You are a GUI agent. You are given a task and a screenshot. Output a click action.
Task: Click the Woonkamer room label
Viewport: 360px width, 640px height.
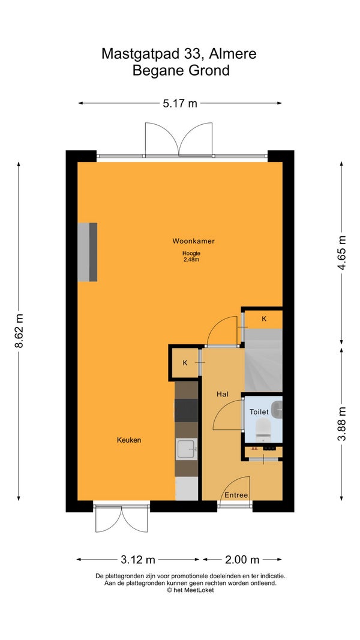point(193,241)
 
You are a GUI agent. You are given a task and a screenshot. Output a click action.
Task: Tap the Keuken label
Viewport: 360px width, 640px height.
point(129,440)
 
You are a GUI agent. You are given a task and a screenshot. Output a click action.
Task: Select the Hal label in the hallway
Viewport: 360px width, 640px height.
point(222,394)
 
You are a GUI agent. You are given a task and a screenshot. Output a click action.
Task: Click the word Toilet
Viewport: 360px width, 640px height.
point(259,412)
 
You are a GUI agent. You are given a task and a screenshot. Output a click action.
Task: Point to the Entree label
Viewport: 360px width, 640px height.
point(236,495)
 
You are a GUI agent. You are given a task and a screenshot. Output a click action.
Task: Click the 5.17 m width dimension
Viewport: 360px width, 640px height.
point(180,103)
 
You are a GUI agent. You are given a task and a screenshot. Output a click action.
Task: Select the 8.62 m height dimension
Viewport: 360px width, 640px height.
point(19,330)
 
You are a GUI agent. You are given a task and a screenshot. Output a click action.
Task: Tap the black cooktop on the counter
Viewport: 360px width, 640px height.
point(187,410)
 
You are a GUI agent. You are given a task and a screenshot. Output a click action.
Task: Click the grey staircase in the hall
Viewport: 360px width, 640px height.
point(263,360)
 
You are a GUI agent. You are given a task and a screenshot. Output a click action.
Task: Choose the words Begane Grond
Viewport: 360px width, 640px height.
point(181,71)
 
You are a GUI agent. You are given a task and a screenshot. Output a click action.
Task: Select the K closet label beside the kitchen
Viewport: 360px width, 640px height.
point(185,362)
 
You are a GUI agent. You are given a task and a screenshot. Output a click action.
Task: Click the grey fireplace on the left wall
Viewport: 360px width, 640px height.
point(88,252)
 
